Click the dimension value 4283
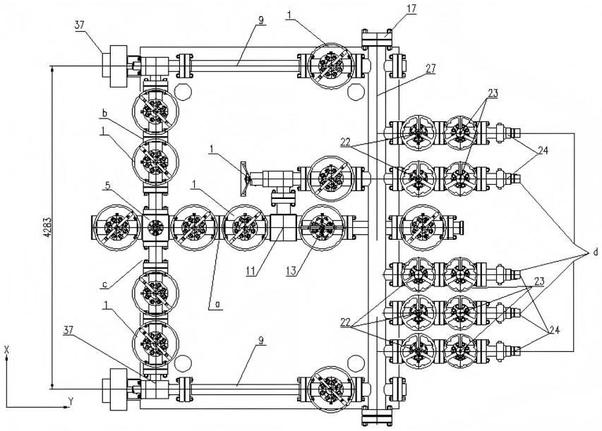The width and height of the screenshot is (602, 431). pyautogui.click(x=47, y=228)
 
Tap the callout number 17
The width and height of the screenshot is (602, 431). pyautogui.click(x=411, y=8)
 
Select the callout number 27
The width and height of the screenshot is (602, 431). pyautogui.click(x=431, y=68)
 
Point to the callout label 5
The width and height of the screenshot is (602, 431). pyautogui.click(x=108, y=186)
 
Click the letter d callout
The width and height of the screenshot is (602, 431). pyautogui.click(x=596, y=253)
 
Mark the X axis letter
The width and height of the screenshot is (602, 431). pyautogui.click(x=6, y=349)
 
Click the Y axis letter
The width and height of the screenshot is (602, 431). pyautogui.click(x=71, y=401)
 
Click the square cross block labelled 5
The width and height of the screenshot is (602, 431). pyautogui.click(x=155, y=227)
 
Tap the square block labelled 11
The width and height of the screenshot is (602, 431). pyautogui.click(x=282, y=228)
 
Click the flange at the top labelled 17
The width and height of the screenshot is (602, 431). pyautogui.click(x=377, y=38)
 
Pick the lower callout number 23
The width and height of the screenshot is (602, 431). pyautogui.click(x=538, y=281)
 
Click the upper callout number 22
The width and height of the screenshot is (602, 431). pyautogui.click(x=346, y=142)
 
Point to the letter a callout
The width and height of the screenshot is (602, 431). pyautogui.click(x=217, y=304)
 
